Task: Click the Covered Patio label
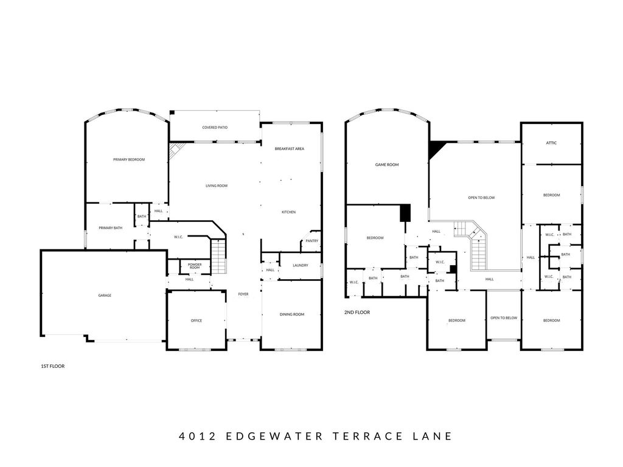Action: click(215, 128)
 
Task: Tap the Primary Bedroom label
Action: click(129, 160)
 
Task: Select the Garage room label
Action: click(105, 296)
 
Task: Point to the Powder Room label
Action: click(195, 266)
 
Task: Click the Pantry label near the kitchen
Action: click(312, 241)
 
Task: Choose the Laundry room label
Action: click(301, 265)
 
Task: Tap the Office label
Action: click(197, 320)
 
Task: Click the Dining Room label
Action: click(292, 314)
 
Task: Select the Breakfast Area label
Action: click(289, 149)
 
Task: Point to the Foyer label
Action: click(243, 294)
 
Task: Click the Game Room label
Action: click(386, 164)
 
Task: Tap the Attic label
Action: click(551, 143)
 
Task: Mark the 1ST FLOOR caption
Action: click(53, 366)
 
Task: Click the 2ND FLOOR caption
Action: click(357, 313)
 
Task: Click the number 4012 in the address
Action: click(198, 436)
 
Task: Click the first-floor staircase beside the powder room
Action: click(218, 257)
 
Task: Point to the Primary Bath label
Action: click(111, 228)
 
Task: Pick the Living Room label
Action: click(217, 186)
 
